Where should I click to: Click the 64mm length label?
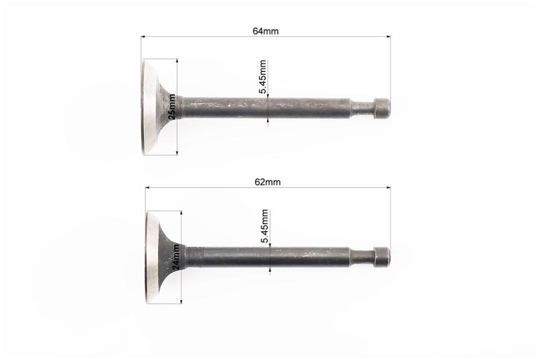pyautogui.click(x=266, y=31)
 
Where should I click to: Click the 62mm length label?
pyautogui.click(x=267, y=182)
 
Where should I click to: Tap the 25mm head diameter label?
pyautogui.click(x=172, y=106)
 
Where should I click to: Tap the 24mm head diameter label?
pyautogui.click(x=176, y=256)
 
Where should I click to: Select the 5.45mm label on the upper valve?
pyautogui.click(x=263, y=77)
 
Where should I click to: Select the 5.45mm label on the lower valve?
pyautogui.click(x=264, y=226)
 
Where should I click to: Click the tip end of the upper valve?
pyautogui.click(x=389, y=108)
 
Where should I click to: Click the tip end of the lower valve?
pyautogui.click(x=389, y=257)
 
